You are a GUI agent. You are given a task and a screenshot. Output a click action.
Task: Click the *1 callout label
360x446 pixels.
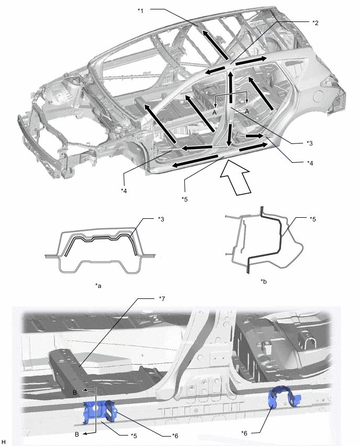(140, 11)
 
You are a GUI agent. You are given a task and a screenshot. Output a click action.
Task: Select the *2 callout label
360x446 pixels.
(315, 23)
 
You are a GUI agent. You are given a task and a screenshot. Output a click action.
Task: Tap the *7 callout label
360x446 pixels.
(162, 299)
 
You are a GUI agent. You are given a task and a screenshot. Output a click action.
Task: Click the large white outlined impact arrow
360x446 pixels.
(235, 177)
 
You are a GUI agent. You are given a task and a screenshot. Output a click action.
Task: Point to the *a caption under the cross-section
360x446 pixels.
(98, 286)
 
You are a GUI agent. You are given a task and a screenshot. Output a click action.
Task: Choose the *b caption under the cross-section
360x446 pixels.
(264, 282)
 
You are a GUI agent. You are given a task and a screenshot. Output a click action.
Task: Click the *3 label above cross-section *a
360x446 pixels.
(161, 219)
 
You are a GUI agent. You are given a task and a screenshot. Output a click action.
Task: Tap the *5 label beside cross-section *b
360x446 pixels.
(313, 219)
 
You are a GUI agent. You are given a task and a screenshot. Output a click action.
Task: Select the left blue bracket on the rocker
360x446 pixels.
(99, 409)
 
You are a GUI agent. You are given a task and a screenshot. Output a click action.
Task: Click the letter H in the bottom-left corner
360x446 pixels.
(3, 441)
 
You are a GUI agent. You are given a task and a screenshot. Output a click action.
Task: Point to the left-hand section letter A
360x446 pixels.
(215, 113)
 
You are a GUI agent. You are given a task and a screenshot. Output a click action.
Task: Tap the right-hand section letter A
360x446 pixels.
(247, 111)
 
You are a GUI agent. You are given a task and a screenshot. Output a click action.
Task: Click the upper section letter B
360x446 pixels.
(74, 393)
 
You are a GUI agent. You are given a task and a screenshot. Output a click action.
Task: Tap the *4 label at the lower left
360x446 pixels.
(123, 191)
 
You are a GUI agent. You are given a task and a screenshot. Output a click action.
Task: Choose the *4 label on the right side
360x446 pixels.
(310, 163)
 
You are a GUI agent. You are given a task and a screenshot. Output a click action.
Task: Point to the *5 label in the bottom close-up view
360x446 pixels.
(134, 436)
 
